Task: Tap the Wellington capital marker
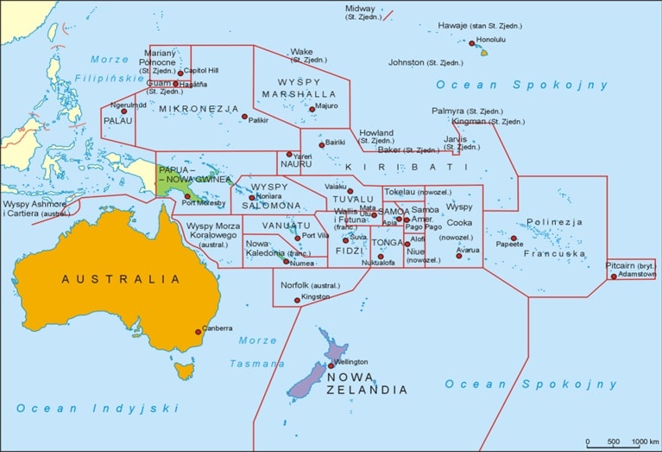(x=331, y=366)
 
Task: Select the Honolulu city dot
(x=472, y=42)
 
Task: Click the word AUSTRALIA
(x=121, y=279)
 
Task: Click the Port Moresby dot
(x=187, y=196)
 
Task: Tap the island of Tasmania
(x=182, y=371)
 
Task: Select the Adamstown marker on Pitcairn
(x=614, y=277)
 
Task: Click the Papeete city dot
(x=514, y=239)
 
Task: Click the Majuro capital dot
(x=312, y=109)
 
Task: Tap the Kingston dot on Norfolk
(x=298, y=300)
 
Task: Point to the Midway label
(x=360, y=9)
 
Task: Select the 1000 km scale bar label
(x=643, y=442)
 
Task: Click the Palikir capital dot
(x=244, y=117)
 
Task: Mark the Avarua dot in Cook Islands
(x=458, y=255)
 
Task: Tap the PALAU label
(x=117, y=122)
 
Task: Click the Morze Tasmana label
(x=257, y=352)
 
